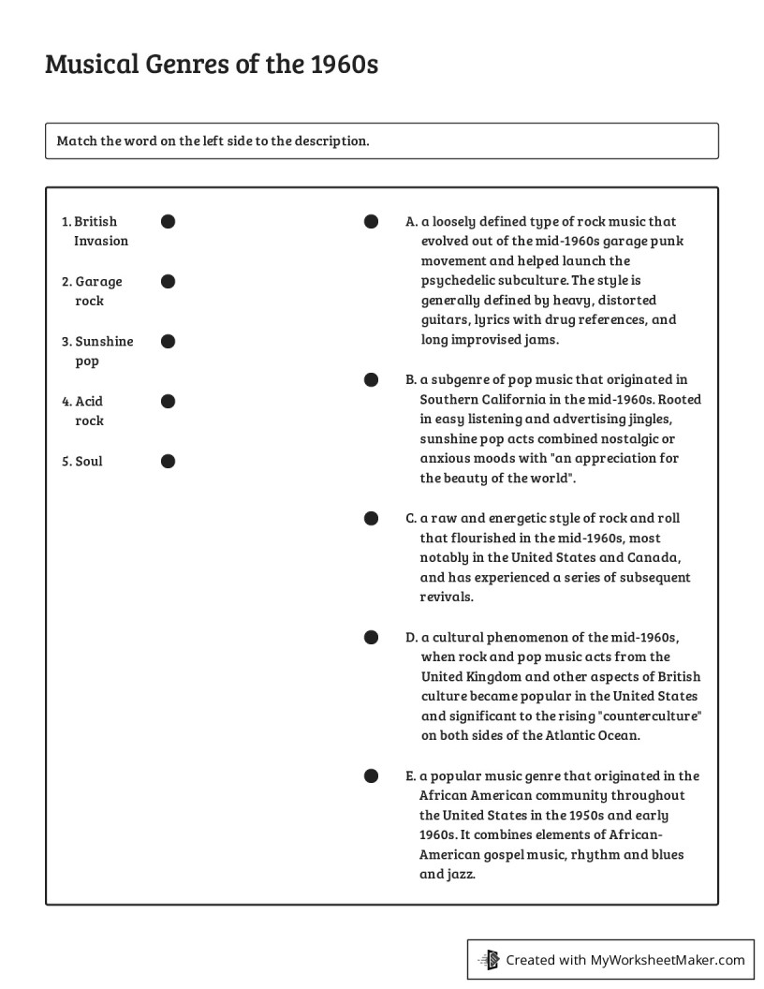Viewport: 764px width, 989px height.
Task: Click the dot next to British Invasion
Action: (x=168, y=222)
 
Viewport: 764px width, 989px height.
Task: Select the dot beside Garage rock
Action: (x=168, y=282)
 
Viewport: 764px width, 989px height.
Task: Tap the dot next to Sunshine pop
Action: (x=168, y=342)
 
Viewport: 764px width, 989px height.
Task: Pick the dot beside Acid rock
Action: (x=168, y=402)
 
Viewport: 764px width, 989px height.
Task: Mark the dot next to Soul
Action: (x=168, y=461)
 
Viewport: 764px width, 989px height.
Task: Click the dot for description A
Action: (x=371, y=222)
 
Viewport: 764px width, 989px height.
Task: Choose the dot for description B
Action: (x=371, y=379)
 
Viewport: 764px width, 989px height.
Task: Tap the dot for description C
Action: (x=371, y=518)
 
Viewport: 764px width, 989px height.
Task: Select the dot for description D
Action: (x=371, y=638)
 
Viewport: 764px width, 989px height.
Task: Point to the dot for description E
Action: (x=371, y=775)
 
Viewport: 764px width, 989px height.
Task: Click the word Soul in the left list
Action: (x=89, y=462)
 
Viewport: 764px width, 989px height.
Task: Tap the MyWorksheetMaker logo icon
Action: (x=489, y=959)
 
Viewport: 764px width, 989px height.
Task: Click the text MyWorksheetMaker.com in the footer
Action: (x=667, y=959)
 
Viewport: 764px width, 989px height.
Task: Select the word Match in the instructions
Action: (x=76, y=141)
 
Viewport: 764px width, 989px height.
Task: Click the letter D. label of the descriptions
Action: (x=411, y=638)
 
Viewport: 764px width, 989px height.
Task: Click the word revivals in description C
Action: (x=447, y=598)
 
